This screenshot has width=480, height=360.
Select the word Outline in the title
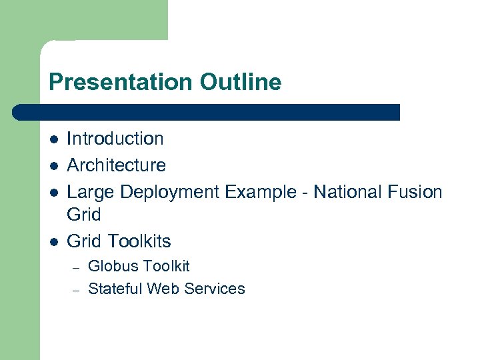pos(240,83)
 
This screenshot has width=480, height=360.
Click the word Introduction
pos(115,139)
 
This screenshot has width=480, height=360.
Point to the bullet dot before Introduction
pos(53,139)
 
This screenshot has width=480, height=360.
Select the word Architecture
pos(117,165)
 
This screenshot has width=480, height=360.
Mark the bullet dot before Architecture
pos(53,165)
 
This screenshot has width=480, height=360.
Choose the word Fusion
pos(414,192)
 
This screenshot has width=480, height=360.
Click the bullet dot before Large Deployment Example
pos(53,193)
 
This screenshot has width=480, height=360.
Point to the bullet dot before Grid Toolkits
pos(53,241)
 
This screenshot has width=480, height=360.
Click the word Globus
pos(111,266)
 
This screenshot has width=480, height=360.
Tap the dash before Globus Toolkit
pos(76,267)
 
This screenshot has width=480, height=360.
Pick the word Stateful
pos(115,289)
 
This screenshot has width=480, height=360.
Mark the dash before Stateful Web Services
pos(76,290)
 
